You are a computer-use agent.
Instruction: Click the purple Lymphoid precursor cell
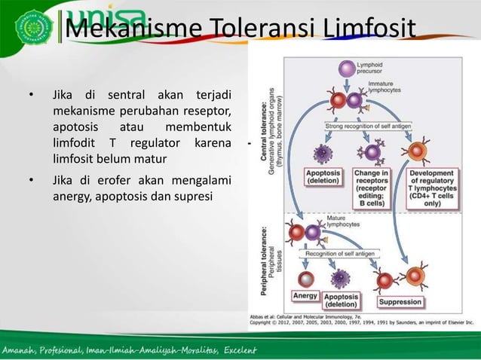[345, 69]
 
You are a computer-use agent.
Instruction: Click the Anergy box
[305, 296]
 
